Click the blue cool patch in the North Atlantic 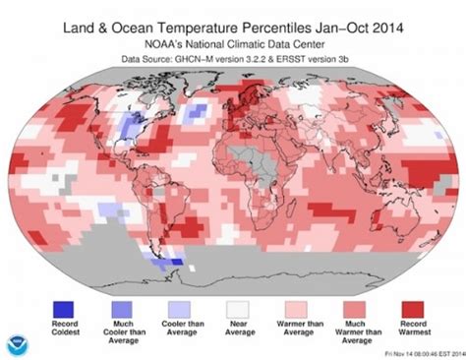pyautogui.click(x=198, y=107)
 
